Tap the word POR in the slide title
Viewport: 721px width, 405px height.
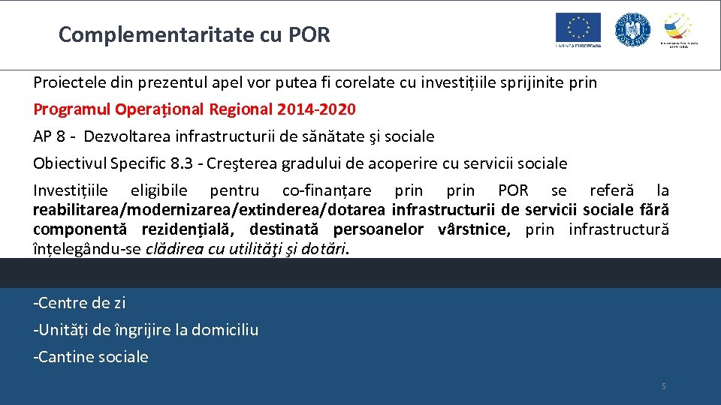pos(309,34)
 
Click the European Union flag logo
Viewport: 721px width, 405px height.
pos(578,29)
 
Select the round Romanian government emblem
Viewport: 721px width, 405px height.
pos(632,29)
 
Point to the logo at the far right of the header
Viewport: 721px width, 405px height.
pos(679,29)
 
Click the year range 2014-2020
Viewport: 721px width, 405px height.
pos(316,109)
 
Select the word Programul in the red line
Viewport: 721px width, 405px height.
pos(72,109)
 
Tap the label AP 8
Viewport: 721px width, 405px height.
pos(50,136)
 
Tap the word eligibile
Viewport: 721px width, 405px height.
pos(159,190)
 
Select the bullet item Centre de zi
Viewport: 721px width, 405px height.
pos(80,303)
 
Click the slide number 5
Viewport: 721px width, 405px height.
pos(663,386)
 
